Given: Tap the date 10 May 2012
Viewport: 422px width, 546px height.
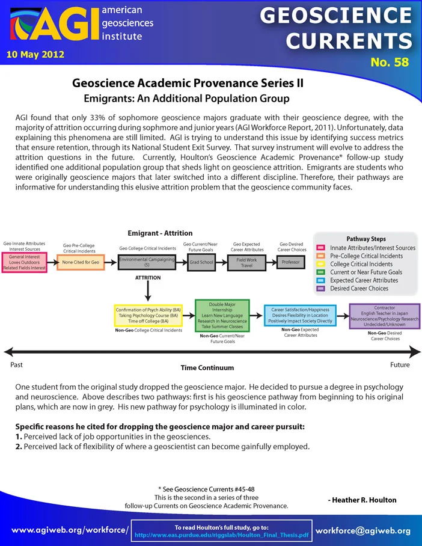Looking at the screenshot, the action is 35,55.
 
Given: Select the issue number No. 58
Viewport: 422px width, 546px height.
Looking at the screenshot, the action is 390,62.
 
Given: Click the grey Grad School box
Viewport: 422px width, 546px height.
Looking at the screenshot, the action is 201,262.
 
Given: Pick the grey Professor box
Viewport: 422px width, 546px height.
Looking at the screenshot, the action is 291,262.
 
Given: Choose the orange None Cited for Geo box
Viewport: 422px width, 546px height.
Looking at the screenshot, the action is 81,262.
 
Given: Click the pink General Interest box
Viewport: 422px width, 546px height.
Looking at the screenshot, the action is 25,262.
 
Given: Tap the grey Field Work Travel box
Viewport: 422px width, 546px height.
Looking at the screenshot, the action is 246,263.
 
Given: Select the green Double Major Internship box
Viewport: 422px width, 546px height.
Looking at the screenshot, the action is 222,316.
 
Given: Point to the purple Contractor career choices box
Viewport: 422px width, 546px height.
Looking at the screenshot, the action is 384,316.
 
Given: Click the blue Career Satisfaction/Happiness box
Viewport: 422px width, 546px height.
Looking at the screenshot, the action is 300,316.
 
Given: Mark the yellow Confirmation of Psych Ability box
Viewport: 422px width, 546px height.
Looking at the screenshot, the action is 148,316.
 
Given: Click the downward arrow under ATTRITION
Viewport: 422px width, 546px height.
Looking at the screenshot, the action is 148,291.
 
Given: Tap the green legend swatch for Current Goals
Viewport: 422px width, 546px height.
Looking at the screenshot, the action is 320,272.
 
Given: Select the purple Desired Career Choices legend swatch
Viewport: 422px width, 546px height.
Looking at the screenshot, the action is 320,289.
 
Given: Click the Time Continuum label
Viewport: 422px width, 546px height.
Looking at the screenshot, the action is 207,368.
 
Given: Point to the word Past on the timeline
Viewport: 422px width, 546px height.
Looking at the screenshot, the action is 16,365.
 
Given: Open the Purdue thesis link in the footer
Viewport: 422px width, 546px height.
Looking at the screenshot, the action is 221,535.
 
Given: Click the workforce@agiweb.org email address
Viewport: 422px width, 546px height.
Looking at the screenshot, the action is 363,531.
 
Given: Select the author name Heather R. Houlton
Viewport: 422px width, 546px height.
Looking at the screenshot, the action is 362,500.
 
